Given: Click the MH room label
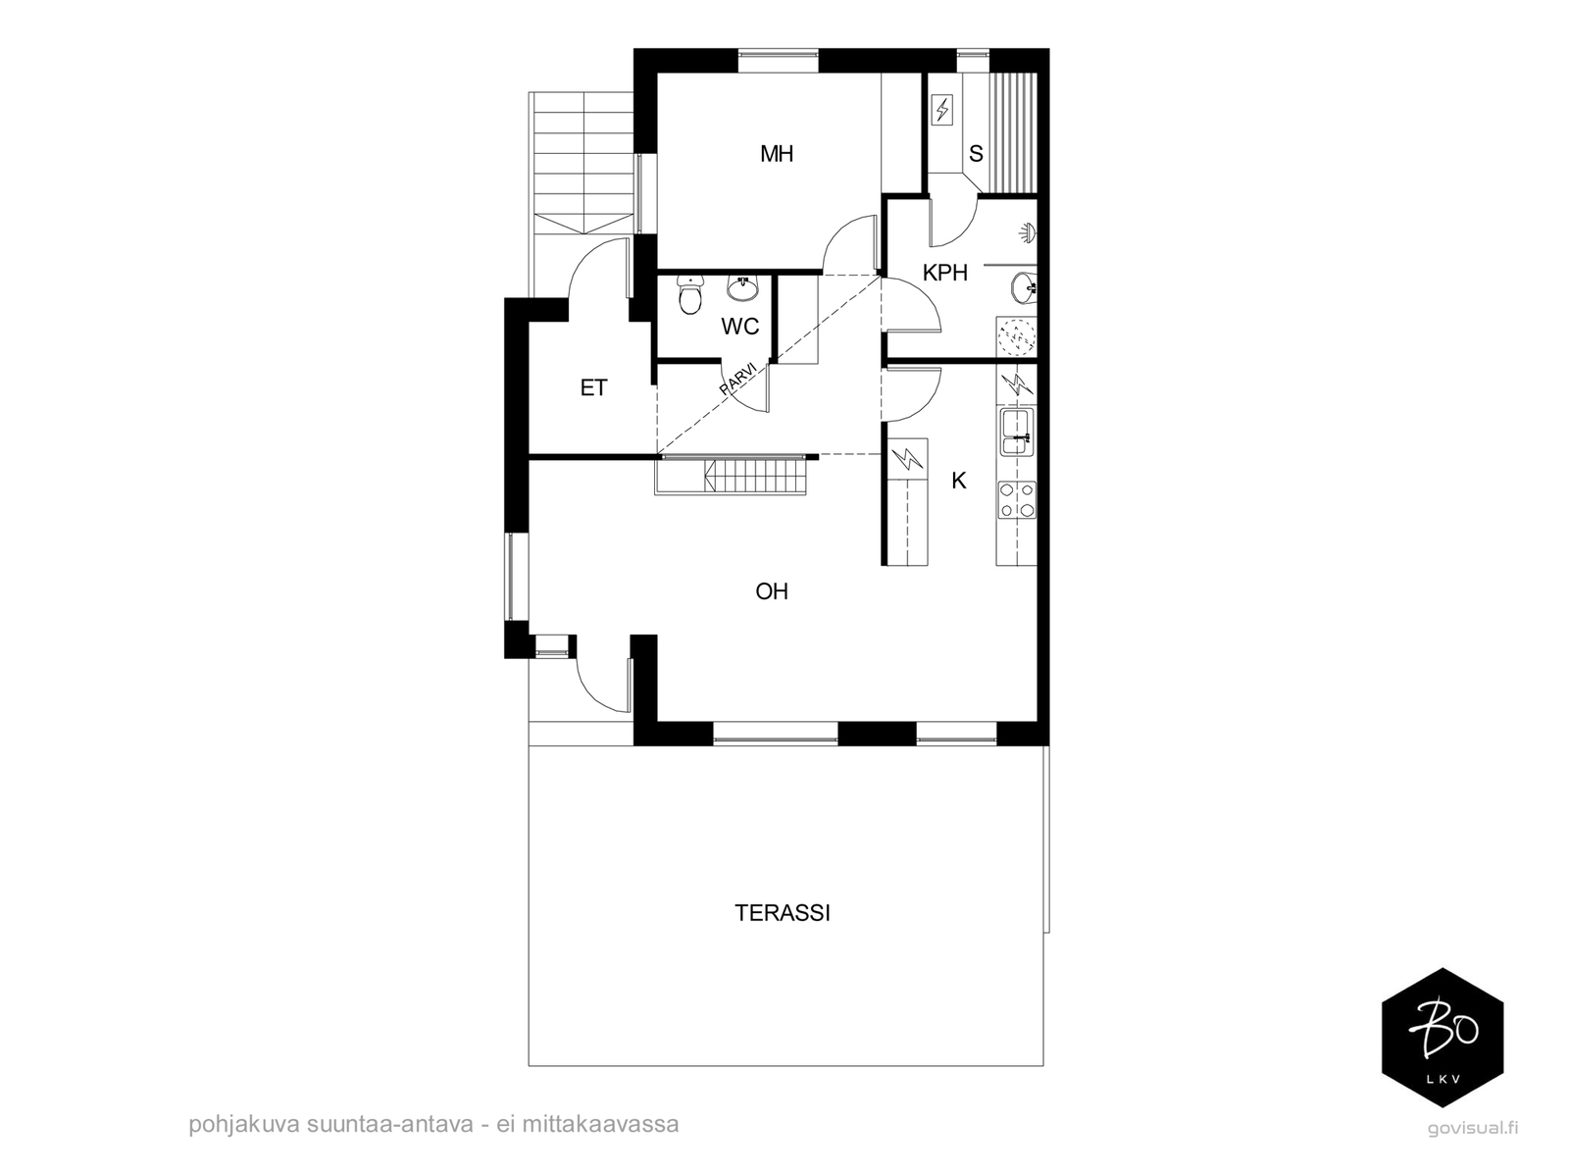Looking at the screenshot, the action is (777, 154).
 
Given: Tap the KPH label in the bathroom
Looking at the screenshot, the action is (945, 273).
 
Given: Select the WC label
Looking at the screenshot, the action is (739, 326).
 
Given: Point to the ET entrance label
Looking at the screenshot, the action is (593, 387).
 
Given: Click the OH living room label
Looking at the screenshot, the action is (772, 591).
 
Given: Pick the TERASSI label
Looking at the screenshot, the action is (782, 913).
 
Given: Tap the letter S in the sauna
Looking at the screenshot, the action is (976, 154).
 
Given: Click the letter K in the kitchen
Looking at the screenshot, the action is (958, 481).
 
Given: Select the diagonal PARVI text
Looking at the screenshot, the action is (737, 377).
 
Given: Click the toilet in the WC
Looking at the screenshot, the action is (689, 295).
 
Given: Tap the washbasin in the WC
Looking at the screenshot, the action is (743, 288).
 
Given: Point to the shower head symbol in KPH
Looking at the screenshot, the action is (1027, 233).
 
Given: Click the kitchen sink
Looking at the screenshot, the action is (1017, 432).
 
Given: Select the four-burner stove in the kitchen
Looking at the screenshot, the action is (1017, 499).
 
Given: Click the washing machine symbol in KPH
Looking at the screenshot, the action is (1016, 336).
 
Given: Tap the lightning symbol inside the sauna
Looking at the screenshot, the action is (942, 111).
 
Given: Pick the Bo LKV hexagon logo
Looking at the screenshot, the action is (1442, 1038).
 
